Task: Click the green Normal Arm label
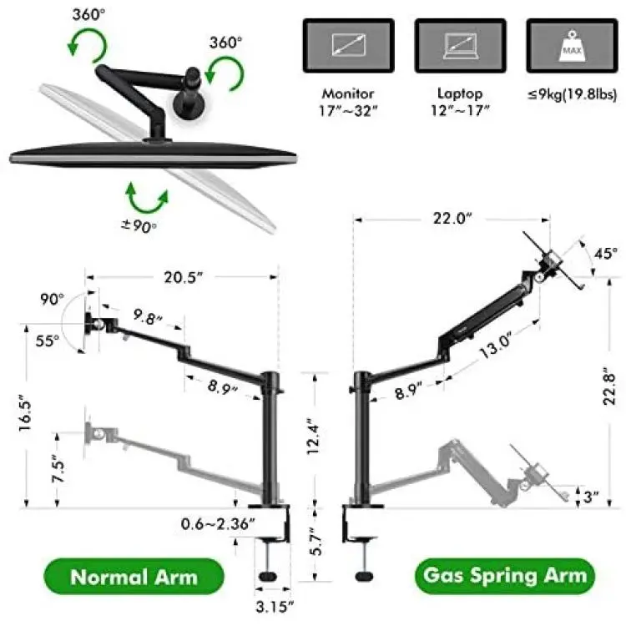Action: pyautogui.click(x=134, y=577)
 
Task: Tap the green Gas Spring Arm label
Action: pyautogui.click(x=505, y=576)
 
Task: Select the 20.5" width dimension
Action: pyautogui.click(x=184, y=277)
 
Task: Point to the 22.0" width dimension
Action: pyautogui.click(x=452, y=219)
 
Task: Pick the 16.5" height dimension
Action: pyautogui.click(x=25, y=412)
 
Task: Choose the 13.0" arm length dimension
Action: pyautogui.click(x=495, y=346)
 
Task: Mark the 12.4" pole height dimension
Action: pyautogui.click(x=314, y=437)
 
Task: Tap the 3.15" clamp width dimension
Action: pyautogui.click(x=275, y=607)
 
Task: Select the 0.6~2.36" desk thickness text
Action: pyautogui.click(x=218, y=523)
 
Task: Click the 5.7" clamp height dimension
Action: pyautogui.click(x=316, y=542)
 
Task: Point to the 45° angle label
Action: pyautogui.click(x=606, y=253)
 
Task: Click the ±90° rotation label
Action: pyautogui.click(x=139, y=226)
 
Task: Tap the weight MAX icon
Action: pyautogui.click(x=572, y=46)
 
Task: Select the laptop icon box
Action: pyautogui.click(x=460, y=46)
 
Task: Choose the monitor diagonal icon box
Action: pyautogui.click(x=349, y=46)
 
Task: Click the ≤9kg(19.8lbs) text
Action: pyautogui.click(x=572, y=95)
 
